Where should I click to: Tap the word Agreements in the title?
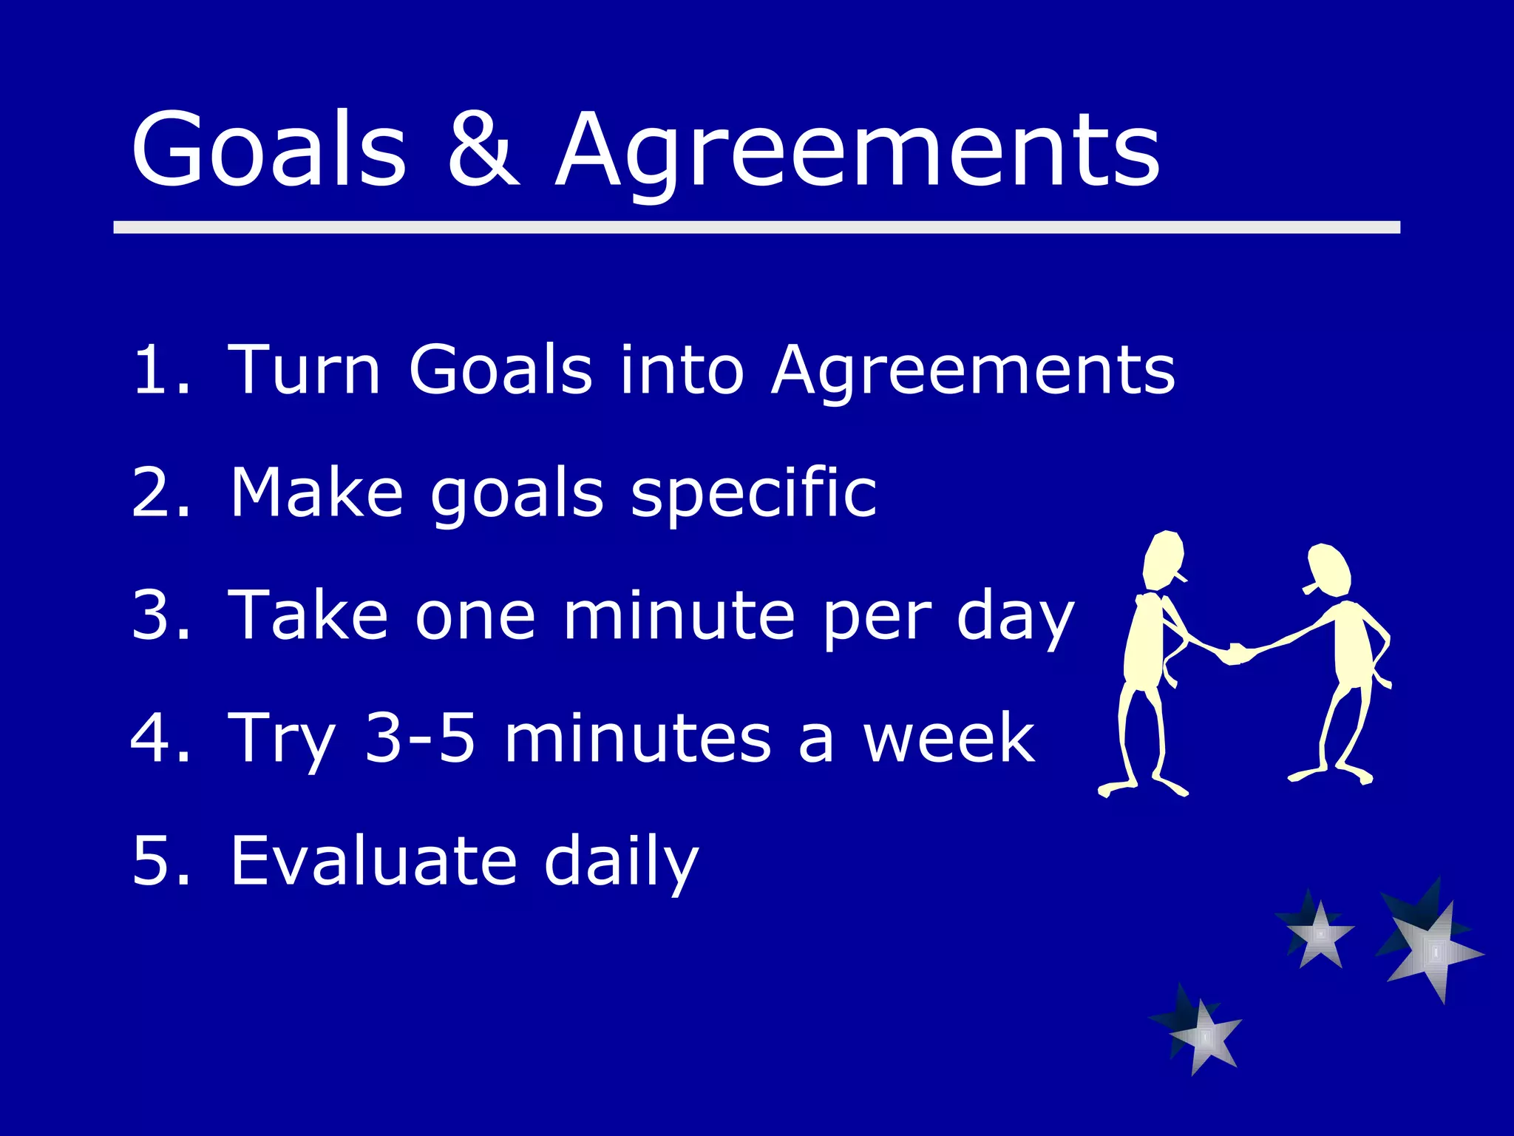point(858,152)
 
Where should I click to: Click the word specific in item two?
point(754,494)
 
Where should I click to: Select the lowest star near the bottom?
point(1202,1035)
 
